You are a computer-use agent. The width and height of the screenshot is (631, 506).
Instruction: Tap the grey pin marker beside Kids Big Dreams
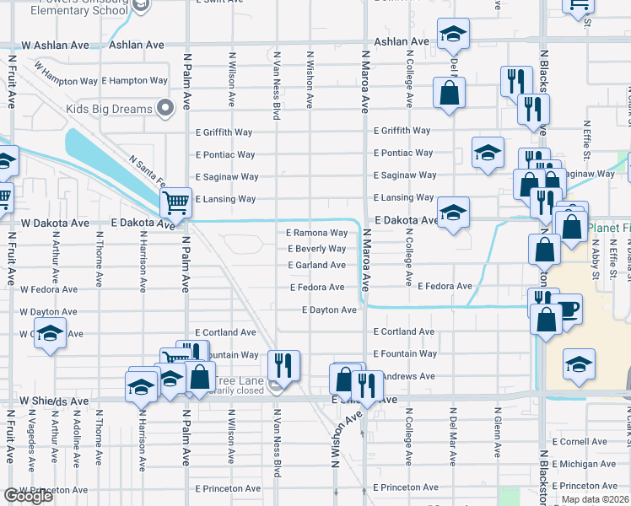pos(165,106)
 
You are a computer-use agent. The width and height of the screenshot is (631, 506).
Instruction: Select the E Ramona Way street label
pos(316,233)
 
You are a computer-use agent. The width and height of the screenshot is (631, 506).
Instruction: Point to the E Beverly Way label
pos(316,249)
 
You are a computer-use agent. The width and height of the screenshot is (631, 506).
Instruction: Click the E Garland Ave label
pos(316,265)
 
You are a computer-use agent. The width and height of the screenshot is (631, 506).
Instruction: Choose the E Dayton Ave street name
pos(329,310)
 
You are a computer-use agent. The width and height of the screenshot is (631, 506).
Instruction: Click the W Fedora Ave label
pos(51,289)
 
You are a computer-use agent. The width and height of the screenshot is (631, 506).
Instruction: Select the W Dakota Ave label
pos(55,223)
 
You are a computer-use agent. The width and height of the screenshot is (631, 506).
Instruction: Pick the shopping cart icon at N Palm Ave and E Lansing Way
pos(175,202)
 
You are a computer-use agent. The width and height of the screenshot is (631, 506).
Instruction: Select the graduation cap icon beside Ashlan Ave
pos(453,35)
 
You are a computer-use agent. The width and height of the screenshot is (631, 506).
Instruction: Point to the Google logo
pos(28,496)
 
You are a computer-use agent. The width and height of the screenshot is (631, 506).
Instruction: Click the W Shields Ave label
pos(54,401)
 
